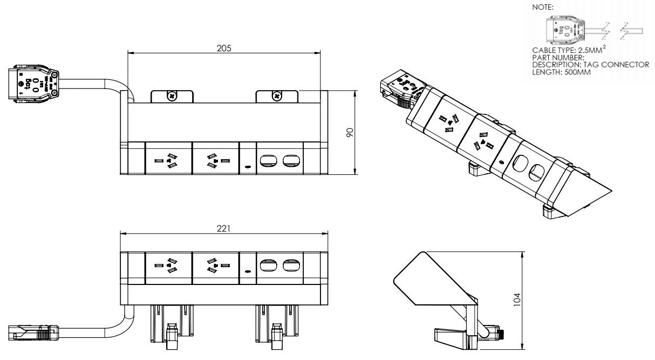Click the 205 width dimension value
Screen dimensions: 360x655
224,48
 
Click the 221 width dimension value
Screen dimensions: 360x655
223,228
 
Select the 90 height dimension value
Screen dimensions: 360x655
349,132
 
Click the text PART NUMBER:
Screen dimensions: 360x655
558,58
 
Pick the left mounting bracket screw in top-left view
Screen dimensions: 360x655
172,97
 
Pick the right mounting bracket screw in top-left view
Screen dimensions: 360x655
276,97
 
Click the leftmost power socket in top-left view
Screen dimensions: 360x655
168,160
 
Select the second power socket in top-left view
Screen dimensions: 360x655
215,160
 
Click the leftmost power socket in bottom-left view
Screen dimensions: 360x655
168,265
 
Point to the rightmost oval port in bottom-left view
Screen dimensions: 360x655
291,265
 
